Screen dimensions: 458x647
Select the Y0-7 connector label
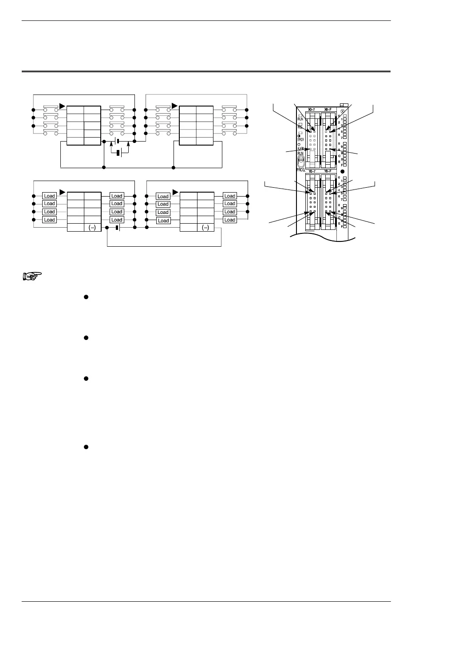tap(312, 171)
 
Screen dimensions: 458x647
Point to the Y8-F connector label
tap(328, 171)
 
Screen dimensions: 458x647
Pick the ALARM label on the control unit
tap(300, 148)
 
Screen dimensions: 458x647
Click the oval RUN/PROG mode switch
tap(301, 160)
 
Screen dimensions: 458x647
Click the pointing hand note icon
tap(32, 276)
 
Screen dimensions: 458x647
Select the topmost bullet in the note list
tap(85, 296)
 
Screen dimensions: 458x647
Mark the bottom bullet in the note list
tap(85, 447)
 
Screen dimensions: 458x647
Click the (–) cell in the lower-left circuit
tap(92, 228)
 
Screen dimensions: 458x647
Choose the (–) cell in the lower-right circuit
tap(205, 228)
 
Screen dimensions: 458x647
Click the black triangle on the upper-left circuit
tap(62, 106)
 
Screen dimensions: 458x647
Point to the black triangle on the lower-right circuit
tap(175, 192)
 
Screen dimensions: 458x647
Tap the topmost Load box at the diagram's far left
tap(49, 196)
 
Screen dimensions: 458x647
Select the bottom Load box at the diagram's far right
tap(229, 220)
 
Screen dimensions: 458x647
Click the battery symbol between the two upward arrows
tap(118, 153)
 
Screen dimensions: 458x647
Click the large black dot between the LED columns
tap(342, 171)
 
